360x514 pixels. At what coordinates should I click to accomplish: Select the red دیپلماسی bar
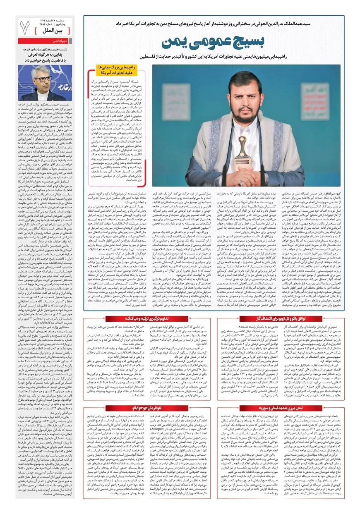pyautogui.click(x=46, y=42)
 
